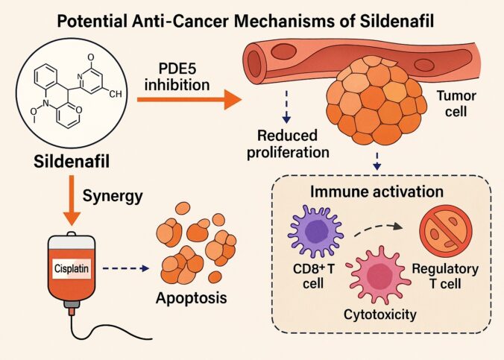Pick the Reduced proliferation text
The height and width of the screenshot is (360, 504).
pos(292,143)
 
